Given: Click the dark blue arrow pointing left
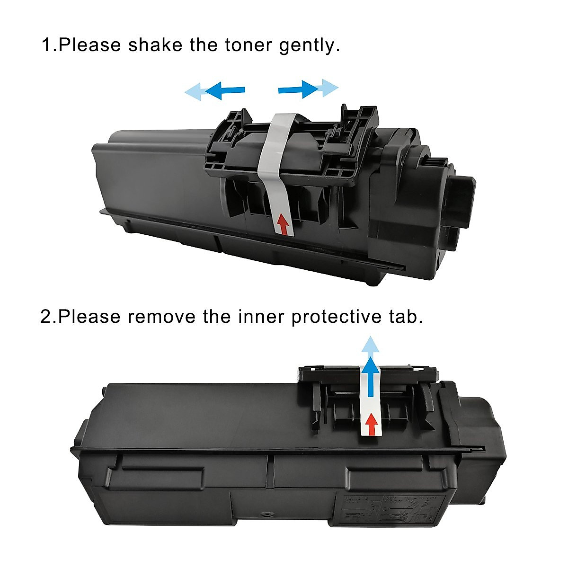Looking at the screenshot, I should point(224,90).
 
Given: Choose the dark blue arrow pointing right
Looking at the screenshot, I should point(298,89).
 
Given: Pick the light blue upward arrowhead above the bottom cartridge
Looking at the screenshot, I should point(371,346).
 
